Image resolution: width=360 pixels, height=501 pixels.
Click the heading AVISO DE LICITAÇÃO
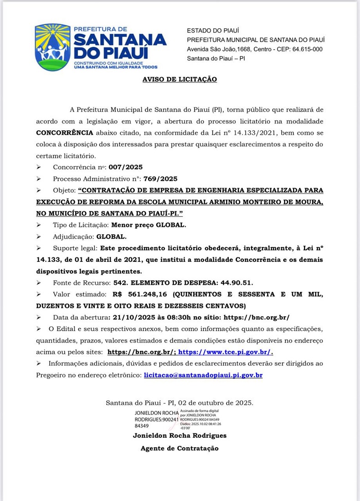pos(180,79)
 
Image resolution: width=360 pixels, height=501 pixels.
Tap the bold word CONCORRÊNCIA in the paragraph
pos(65,133)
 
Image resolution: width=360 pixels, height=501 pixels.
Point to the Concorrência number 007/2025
pos(125,167)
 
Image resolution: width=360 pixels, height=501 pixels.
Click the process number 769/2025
pos(160,179)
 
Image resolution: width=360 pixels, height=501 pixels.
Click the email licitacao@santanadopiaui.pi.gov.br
pos(203,375)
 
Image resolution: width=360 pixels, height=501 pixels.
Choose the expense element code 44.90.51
pos(234,282)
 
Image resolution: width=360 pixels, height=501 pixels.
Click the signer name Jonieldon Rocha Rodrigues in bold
pos(180,435)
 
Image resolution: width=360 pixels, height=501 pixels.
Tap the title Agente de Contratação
pos(180,448)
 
